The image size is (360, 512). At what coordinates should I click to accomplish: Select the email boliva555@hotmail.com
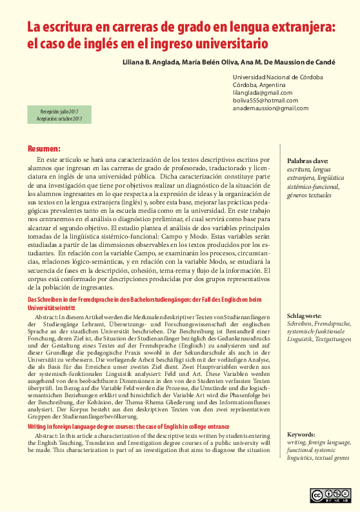pos(265,101)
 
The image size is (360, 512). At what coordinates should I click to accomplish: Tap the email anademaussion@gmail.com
pos(270,108)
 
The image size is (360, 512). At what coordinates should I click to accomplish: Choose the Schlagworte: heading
pos(305,316)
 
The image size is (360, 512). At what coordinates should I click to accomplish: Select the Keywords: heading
pos(302,435)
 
